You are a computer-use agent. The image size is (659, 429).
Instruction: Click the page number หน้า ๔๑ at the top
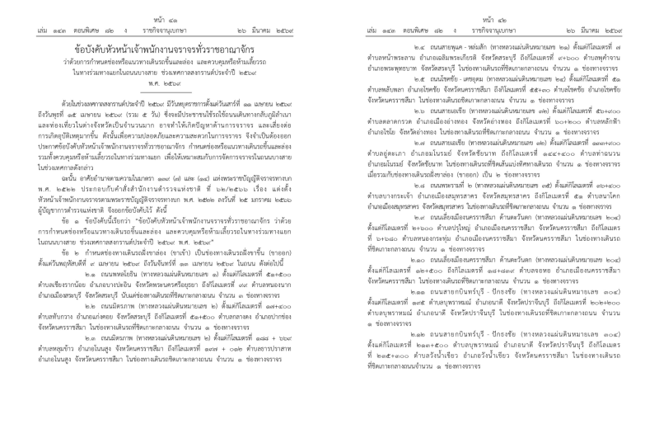[x=164, y=7]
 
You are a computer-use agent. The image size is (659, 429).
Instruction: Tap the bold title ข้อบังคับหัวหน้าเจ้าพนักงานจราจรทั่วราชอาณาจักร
[x=165, y=45]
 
